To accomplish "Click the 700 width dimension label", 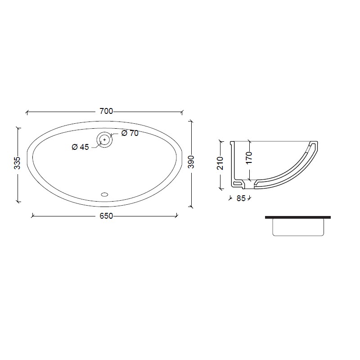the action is [x=106, y=111].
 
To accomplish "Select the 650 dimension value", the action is [x=106, y=216].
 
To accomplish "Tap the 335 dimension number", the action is [x=17, y=163].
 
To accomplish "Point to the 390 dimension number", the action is [x=191, y=162].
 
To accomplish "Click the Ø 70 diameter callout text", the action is [x=130, y=133].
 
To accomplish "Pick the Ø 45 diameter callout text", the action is [x=80, y=147].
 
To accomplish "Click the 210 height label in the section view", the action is [x=220, y=163].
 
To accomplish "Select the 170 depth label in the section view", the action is [x=249, y=158].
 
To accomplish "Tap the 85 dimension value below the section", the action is [x=241, y=198].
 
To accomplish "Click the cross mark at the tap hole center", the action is [x=105, y=139].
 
